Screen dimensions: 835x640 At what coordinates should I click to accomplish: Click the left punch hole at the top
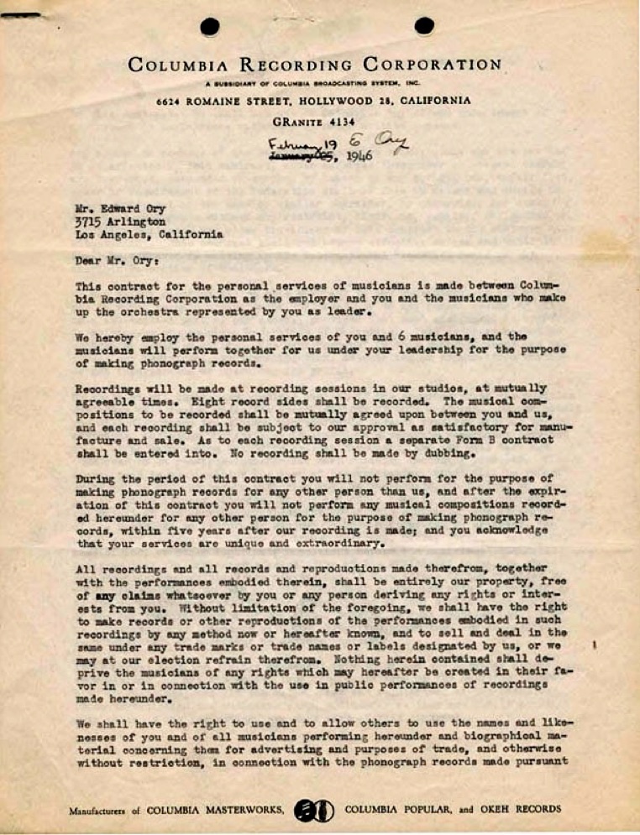coord(211,27)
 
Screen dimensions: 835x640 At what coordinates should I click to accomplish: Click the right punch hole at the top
coord(425,27)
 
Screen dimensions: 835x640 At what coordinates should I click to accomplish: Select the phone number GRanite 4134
coord(316,119)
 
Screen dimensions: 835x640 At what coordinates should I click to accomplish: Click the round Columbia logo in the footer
coord(315,810)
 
